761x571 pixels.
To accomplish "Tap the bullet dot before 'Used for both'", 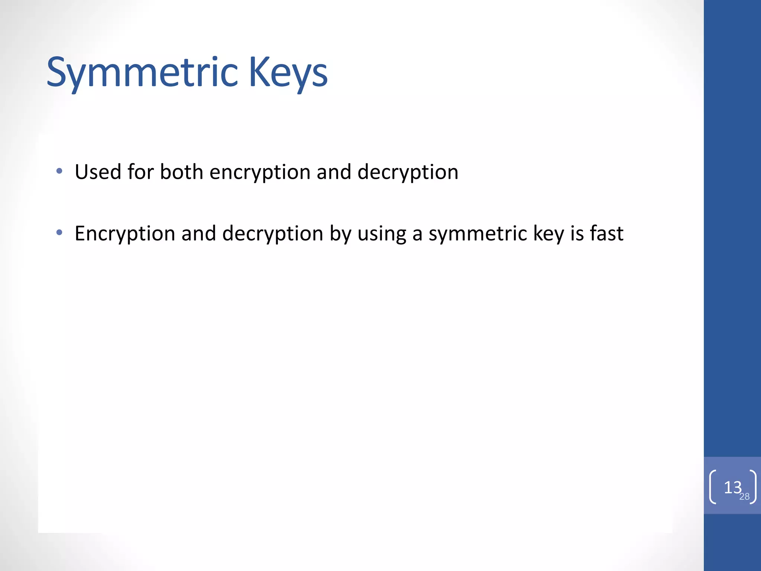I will point(59,171).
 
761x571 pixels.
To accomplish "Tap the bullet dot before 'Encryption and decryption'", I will point(59,233).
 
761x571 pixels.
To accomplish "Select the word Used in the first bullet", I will point(98,172).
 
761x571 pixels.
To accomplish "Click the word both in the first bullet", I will point(181,172).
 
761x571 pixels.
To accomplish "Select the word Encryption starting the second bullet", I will point(125,234).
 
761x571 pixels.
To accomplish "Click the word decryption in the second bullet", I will point(272,234).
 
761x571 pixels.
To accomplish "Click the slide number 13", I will point(732,487).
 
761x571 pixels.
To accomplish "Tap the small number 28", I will point(744,497).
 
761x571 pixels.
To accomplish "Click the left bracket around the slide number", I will point(712,487).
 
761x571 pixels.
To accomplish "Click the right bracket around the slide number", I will point(753,487).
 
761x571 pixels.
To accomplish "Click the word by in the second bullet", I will point(340,234).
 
